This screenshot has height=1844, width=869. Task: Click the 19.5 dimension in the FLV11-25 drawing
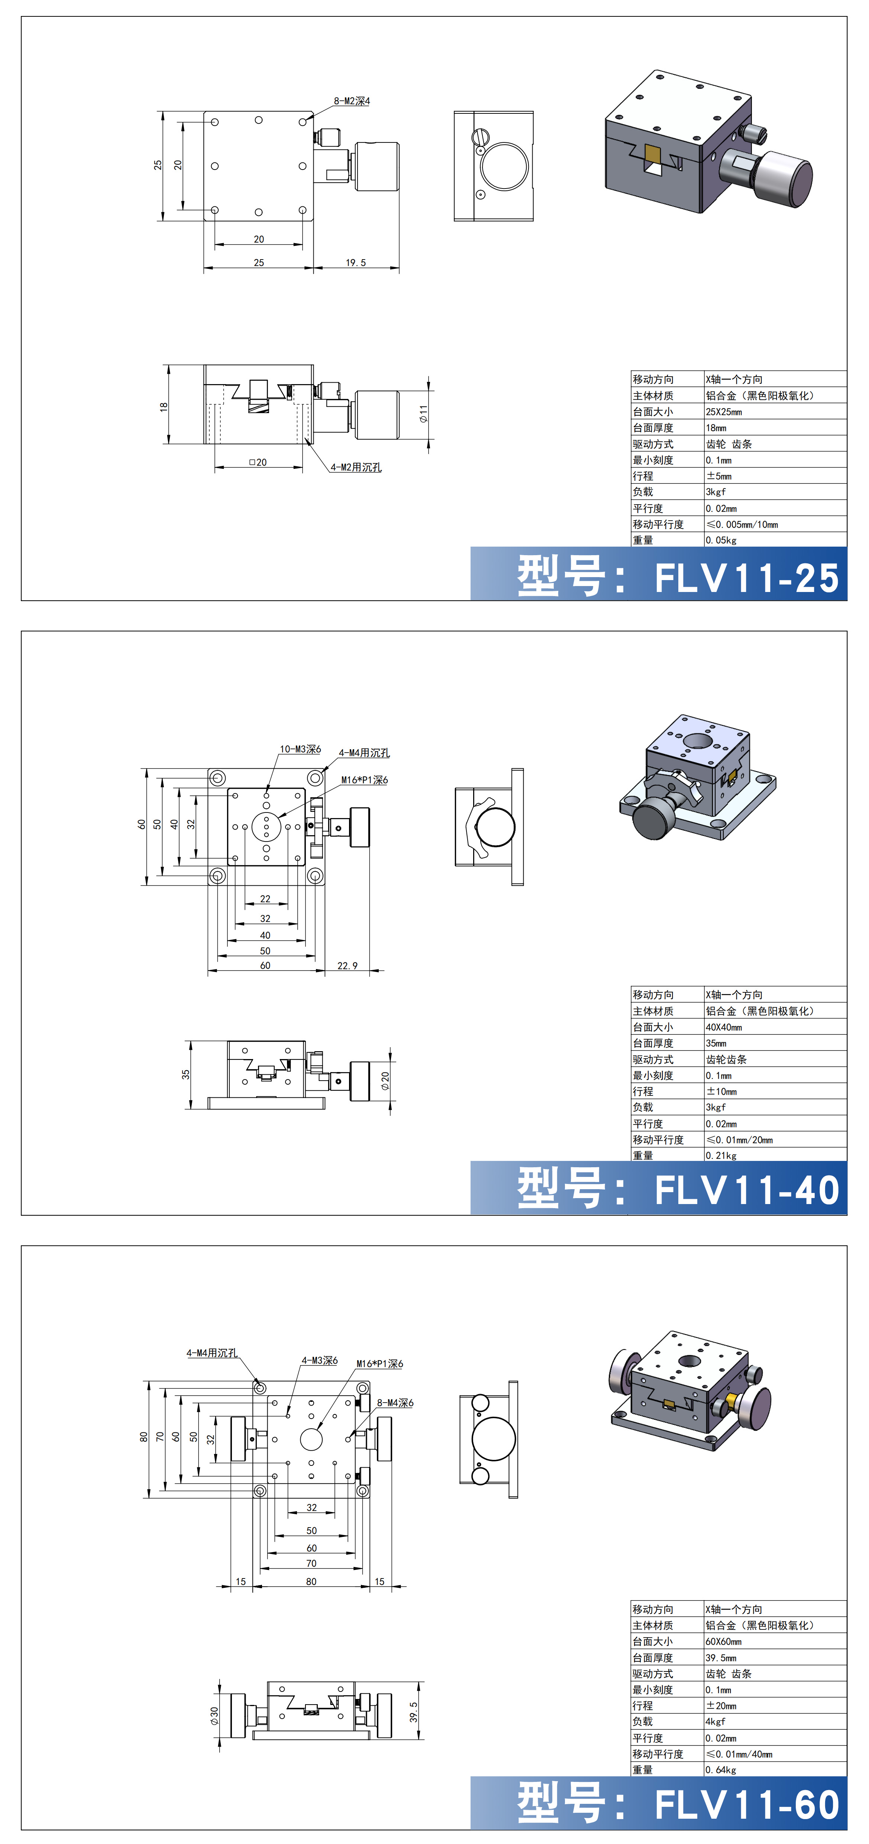[356, 263]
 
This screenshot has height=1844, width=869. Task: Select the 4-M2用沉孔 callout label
[356, 467]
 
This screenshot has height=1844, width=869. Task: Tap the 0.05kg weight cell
[721, 540]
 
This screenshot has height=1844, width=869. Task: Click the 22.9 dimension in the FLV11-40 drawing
[347, 966]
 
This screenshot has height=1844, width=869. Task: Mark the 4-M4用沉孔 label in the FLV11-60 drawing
[212, 1353]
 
